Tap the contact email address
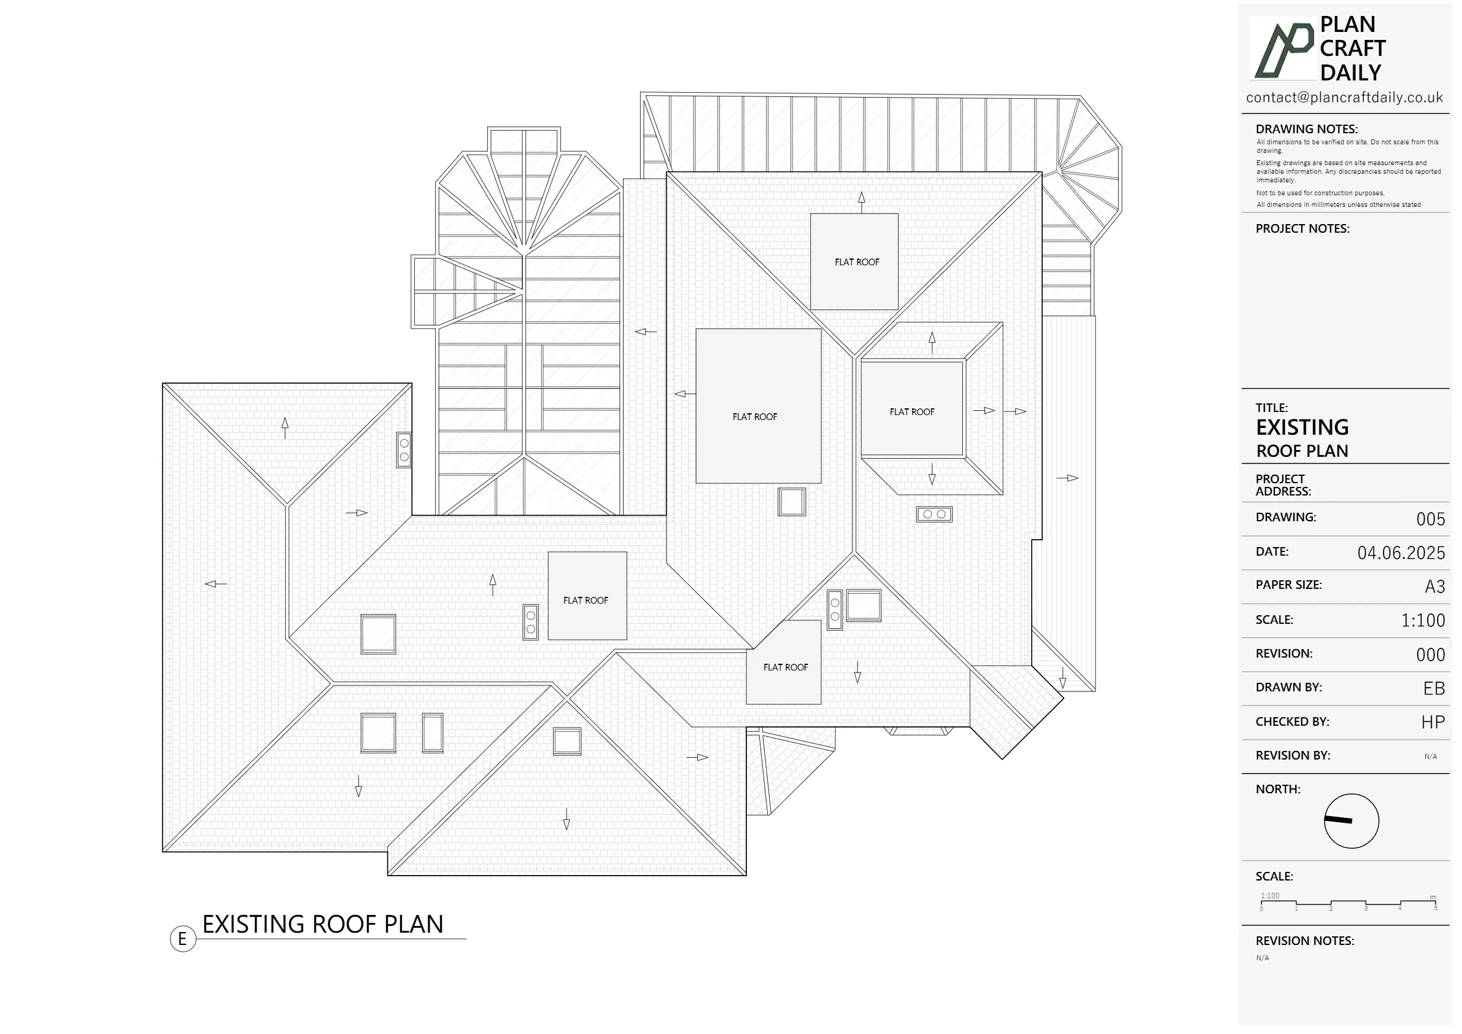pyautogui.click(x=1344, y=98)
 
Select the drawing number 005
pyautogui.click(x=1430, y=519)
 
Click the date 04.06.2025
pyautogui.click(x=1401, y=553)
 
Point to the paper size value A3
pyautogui.click(x=1434, y=587)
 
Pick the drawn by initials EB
pyautogui.click(x=1434, y=689)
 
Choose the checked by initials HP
pyautogui.click(x=1433, y=723)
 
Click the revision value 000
pyautogui.click(x=1430, y=655)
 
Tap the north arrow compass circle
pyautogui.click(x=1351, y=821)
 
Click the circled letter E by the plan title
pyautogui.click(x=183, y=939)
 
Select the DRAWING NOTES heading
pyautogui.click(x=1306, y=130)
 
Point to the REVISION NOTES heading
pyautogui.click(x=1305, y=941)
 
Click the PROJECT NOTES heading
pyautogui.click(x=1302, y=228)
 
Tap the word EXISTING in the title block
pyautogui.click(x=1302, y=427)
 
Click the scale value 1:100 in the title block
pyautogui.click(x=1423, y=621)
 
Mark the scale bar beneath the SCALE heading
pyautogui.click(x=1348, y=903)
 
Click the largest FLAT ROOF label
pyautogui.click(x=754, y=417)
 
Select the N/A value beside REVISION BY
pyautogui.click(x=1430, y=757)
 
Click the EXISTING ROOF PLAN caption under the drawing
pyautogui.click(x=322, y=925)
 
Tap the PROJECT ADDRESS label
pyautogui.click(x=1282, y=486)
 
